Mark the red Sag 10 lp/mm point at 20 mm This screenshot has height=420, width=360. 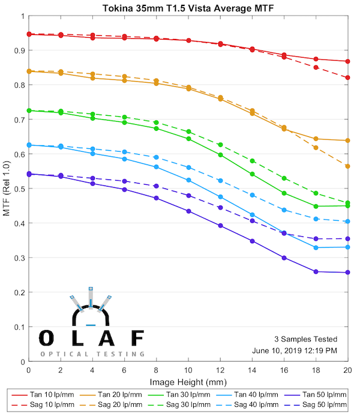[348, 77]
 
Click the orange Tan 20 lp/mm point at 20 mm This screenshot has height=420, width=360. [348, 140]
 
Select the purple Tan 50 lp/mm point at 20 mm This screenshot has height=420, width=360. [348, 272]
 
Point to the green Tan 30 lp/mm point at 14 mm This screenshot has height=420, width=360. [252, 174]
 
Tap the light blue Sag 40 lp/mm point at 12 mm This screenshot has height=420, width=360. [220, 181]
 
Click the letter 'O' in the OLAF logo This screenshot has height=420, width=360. [46, 338]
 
